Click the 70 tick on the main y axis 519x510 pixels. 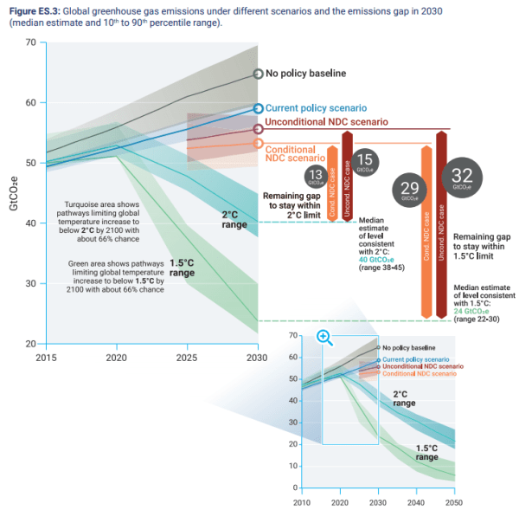click(x=31, y=42)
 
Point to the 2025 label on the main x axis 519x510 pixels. click(x=187, y=358)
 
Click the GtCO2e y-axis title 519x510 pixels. click(x=11, y=192)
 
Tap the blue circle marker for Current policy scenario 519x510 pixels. click(x=258, y=109)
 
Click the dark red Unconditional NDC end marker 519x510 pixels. click(x=258, y=129)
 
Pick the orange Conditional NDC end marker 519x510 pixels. click(x=258, y=143)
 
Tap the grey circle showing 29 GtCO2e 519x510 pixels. click(x=411, y=190)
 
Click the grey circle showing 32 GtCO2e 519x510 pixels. click(x=463, y=178)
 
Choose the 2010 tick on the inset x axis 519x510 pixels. click(x=301, y=502)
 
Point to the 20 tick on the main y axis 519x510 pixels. click(x=31, y=344)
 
